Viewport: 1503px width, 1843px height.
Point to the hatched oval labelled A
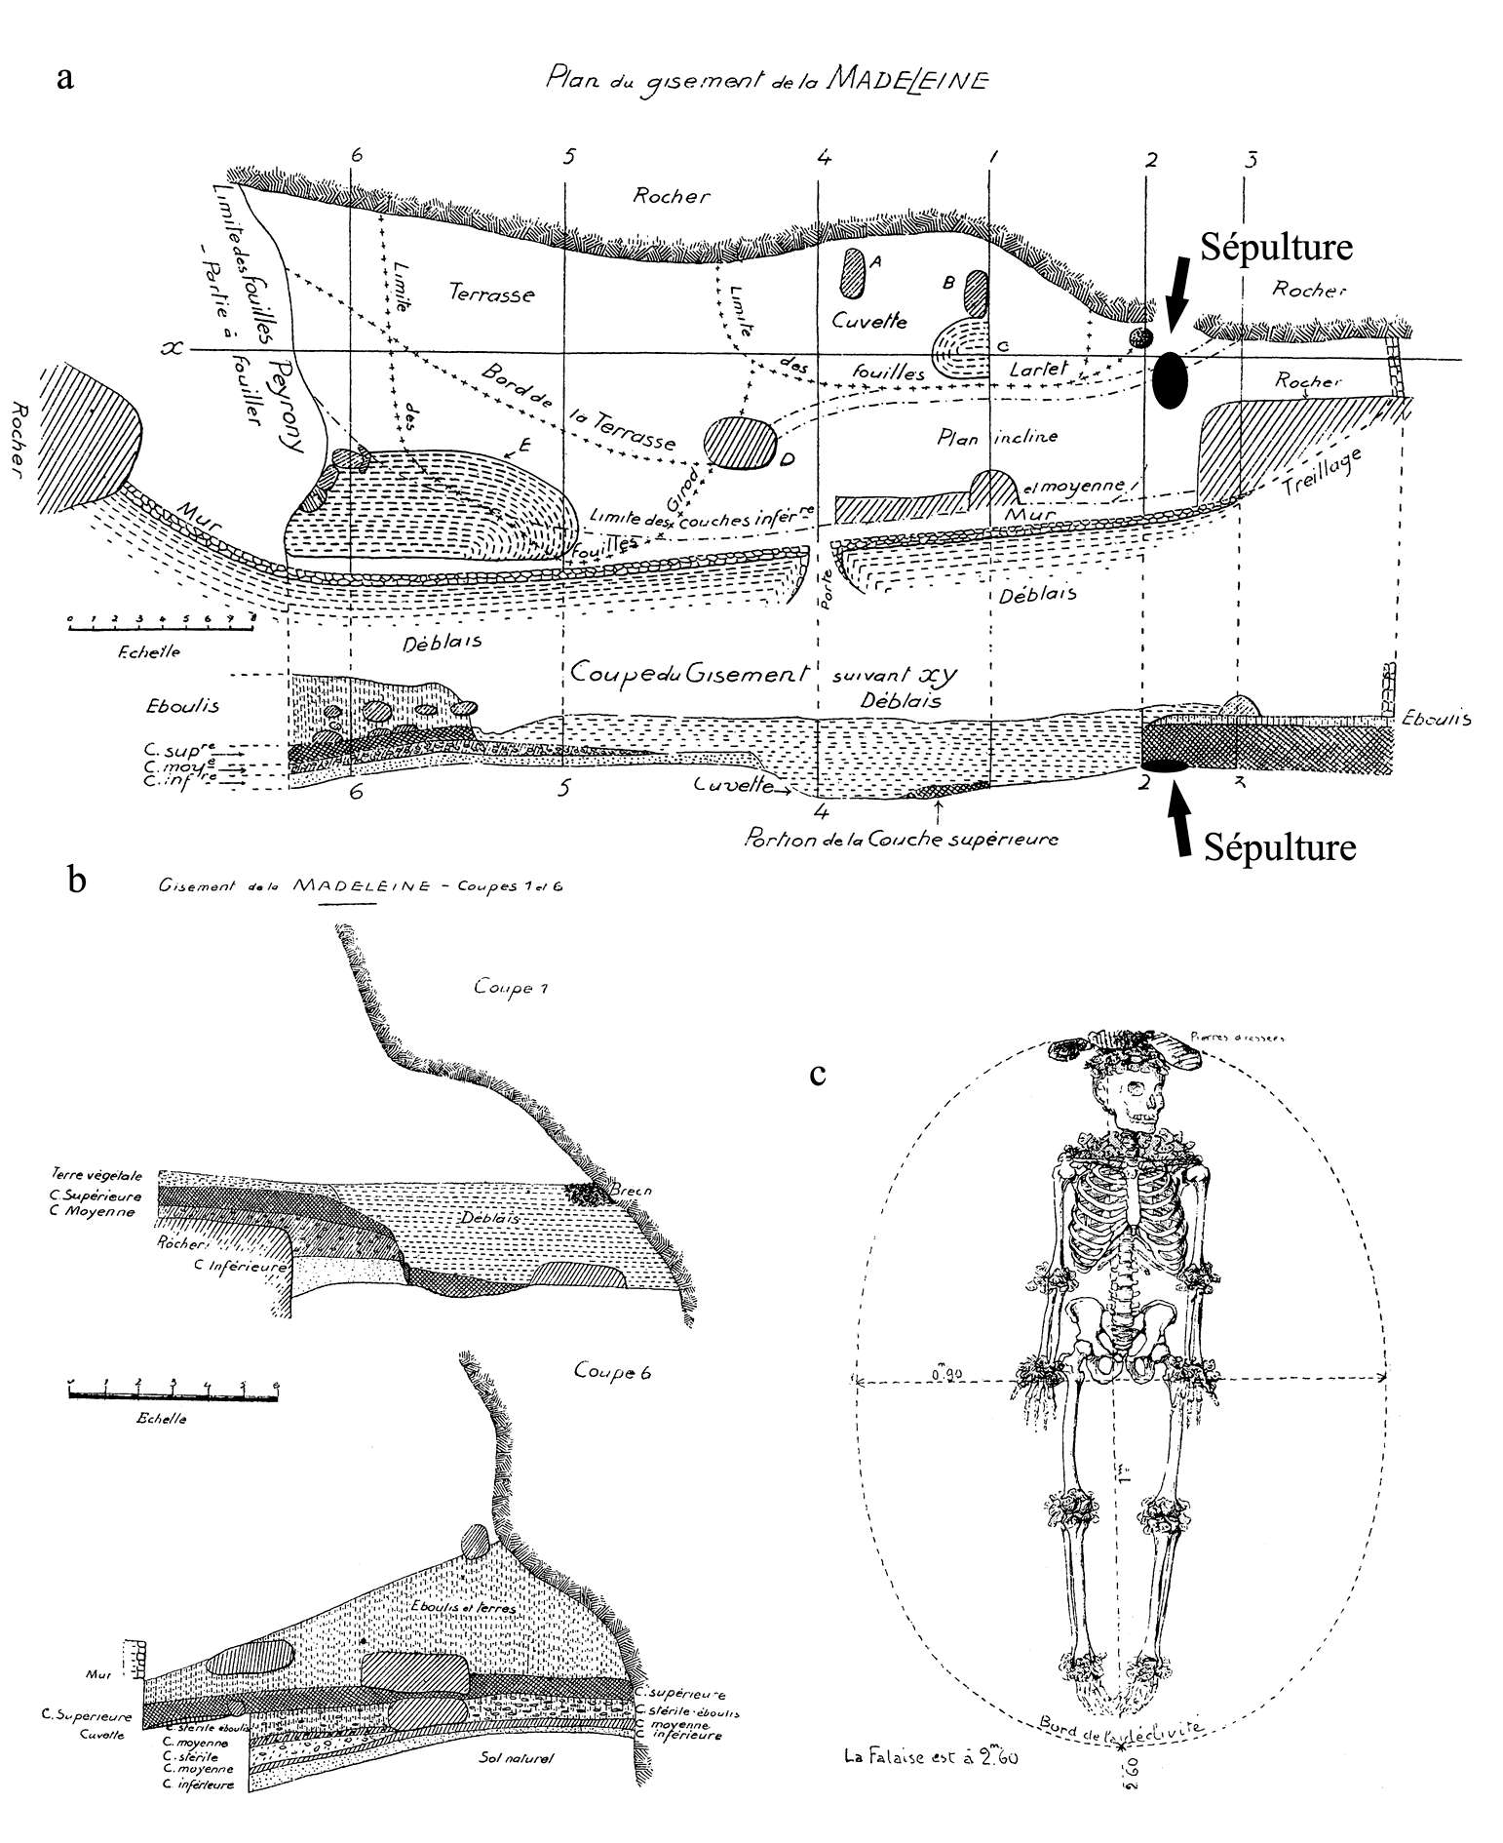point(852,272)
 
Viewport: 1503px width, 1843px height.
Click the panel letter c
point(819,1074)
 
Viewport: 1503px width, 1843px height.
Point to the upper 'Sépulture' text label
point(1275,248)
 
